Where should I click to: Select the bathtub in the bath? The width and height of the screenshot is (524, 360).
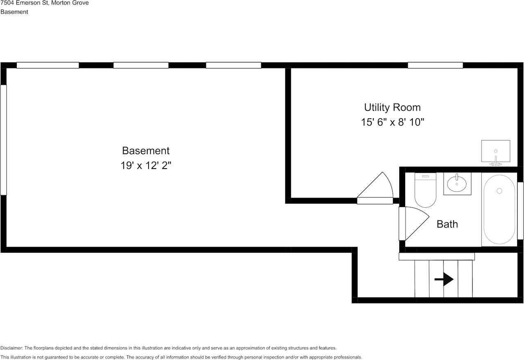coord(499,209)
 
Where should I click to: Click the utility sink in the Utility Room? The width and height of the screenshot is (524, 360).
coord(495,151)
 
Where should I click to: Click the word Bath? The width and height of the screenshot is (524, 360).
coord(447,224)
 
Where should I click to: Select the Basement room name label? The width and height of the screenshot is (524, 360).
coord(146,151)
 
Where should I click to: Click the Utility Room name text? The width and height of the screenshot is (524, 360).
coord(392,108)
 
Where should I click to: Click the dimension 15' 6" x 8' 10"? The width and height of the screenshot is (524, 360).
coord(392,122)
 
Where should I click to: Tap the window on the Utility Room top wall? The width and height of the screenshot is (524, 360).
coord(435,65)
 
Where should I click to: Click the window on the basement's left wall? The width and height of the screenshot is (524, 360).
coord(3,139)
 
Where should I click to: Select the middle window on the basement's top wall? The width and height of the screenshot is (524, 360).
coord(141,65)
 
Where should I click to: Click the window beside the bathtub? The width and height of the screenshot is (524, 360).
coord(520,211)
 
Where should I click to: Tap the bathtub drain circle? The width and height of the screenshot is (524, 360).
coord(499,191)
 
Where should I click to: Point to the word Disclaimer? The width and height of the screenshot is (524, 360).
coord(12,348)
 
